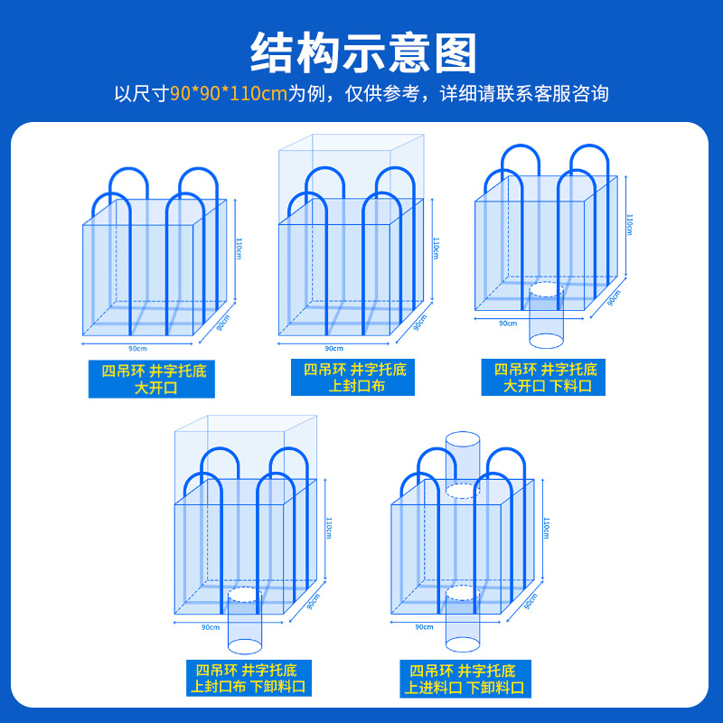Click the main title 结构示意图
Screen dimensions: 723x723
coord(361,52)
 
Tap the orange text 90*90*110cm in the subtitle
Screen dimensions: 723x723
coord(228,94)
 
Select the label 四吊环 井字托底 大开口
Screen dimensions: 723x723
coord(152,379)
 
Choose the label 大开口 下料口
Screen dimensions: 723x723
coord(546,378)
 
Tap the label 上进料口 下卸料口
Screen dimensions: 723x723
coord(463,679)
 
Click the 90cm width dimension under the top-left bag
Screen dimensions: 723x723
coord(137,347)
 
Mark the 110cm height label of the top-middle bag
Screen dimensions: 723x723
coord(436,249)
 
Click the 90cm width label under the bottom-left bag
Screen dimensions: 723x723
coord(210,626)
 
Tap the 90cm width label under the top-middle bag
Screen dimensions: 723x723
coord(333,347)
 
